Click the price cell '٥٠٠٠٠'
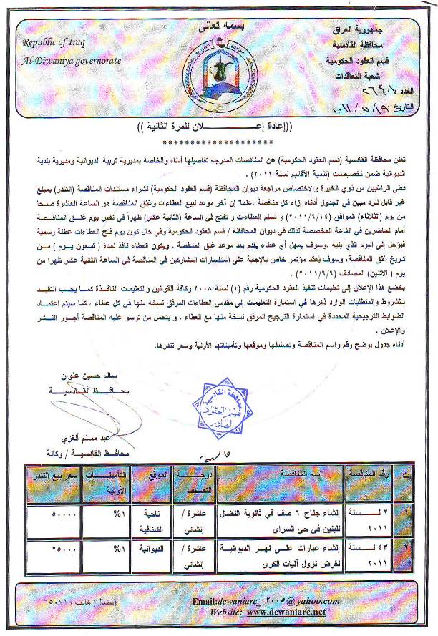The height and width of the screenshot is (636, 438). tap(49, 514)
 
